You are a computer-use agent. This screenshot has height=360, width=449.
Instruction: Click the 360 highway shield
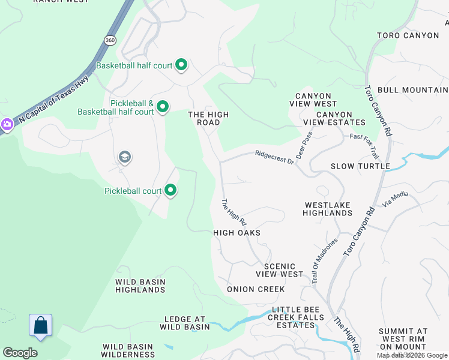pos(109,40)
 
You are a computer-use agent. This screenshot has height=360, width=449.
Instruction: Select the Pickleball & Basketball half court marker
pos(162,107)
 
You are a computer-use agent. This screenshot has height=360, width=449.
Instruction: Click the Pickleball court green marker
pos(170,191)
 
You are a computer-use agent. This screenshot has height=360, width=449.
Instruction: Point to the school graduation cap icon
pos(125,158)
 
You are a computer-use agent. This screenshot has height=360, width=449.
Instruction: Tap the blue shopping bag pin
pos(40,325)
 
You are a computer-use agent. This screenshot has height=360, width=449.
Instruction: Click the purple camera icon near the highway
pos(7,124)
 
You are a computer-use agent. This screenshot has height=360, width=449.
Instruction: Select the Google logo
pos(20,353)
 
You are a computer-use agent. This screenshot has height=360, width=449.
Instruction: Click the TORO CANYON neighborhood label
pos(408,35)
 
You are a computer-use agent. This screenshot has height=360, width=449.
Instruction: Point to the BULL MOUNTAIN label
pos(413,90)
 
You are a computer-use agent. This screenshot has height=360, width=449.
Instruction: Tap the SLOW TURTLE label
pos(360,166)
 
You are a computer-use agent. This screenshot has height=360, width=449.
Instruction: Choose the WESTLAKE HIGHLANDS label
pos(327,209)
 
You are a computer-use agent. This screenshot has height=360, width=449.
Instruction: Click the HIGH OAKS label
pos(237,233)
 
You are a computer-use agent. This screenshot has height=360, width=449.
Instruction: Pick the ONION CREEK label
pos(256,289)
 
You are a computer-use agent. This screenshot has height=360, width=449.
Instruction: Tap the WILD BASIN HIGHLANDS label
pos(140,286)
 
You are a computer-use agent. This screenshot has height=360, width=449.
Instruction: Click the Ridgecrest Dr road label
pos(274,157)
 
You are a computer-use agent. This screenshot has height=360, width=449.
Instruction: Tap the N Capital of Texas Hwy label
pos(53,99)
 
